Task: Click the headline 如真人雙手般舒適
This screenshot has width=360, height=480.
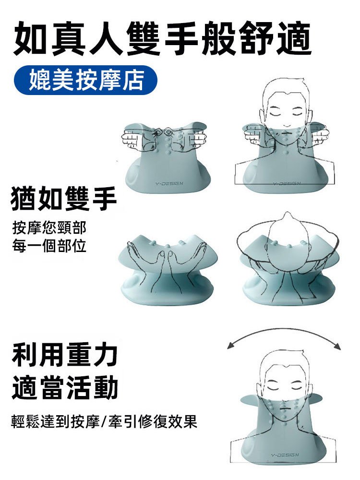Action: pyautogui.click(x=163, y=38)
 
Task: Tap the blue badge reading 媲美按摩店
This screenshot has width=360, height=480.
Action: pyautogui.click(x=86, y=80)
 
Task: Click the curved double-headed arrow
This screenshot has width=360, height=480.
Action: pyautogui.click(x=284, y=335)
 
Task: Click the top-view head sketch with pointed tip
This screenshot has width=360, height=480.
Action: pyautogui.click(x=287, y=240)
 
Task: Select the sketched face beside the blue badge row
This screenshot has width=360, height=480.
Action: pyautogui.click(x=285, y=108)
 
